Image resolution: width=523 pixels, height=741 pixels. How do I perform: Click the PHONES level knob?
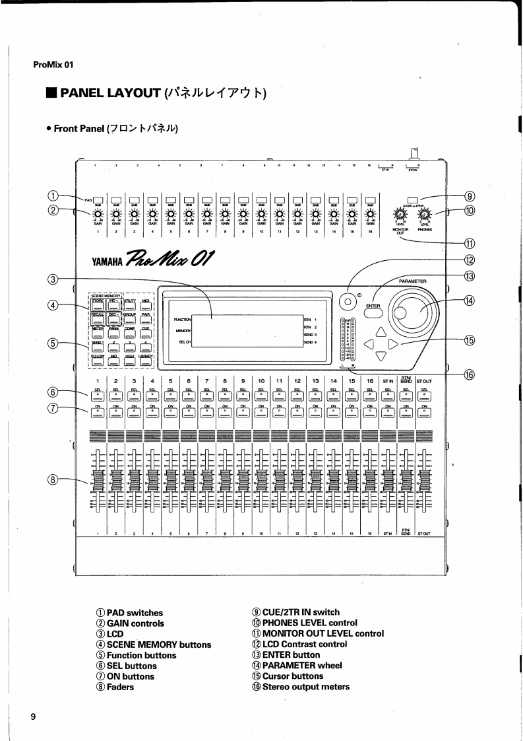coord(425,215)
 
